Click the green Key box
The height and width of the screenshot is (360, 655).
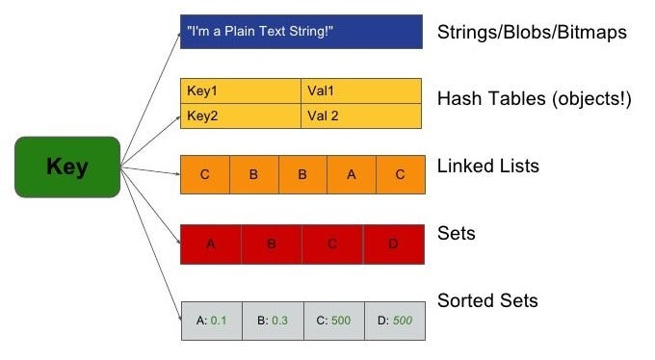67,167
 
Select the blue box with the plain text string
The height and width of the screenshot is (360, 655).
301,32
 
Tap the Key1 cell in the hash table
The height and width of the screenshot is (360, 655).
241,91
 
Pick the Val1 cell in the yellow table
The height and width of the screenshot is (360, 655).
361,91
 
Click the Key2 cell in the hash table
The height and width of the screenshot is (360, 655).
241,116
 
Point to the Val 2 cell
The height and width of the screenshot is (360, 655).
361,116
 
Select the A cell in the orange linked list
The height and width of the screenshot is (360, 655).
351,175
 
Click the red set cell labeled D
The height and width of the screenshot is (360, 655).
393,244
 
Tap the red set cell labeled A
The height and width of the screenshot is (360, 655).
211,244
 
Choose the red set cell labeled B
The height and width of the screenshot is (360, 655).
272,244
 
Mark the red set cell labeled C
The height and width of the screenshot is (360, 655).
332,244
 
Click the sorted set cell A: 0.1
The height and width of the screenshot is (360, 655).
211,321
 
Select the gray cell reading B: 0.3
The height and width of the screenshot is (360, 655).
272,321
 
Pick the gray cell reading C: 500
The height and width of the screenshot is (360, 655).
332,321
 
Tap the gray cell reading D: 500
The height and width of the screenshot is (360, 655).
393,321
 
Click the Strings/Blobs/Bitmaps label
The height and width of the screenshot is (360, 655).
532,33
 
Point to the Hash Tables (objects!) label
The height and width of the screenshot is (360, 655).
534,99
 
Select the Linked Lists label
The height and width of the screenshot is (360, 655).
487,167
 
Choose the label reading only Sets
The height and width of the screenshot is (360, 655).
457,233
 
